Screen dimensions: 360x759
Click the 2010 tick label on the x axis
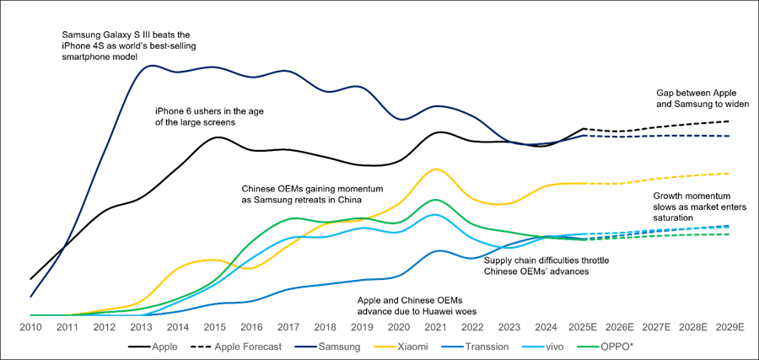[x=30, y=326]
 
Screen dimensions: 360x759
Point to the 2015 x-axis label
[x=214, y=326]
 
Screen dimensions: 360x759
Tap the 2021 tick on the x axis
[x=435, y=326]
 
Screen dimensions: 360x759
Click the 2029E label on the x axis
[x=729, y=326]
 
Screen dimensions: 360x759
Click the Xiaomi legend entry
[x=411, y=347]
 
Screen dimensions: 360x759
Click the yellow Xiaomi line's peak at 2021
[x=435, y=169]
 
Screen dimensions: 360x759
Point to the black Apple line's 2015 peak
[x=217, y=136]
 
